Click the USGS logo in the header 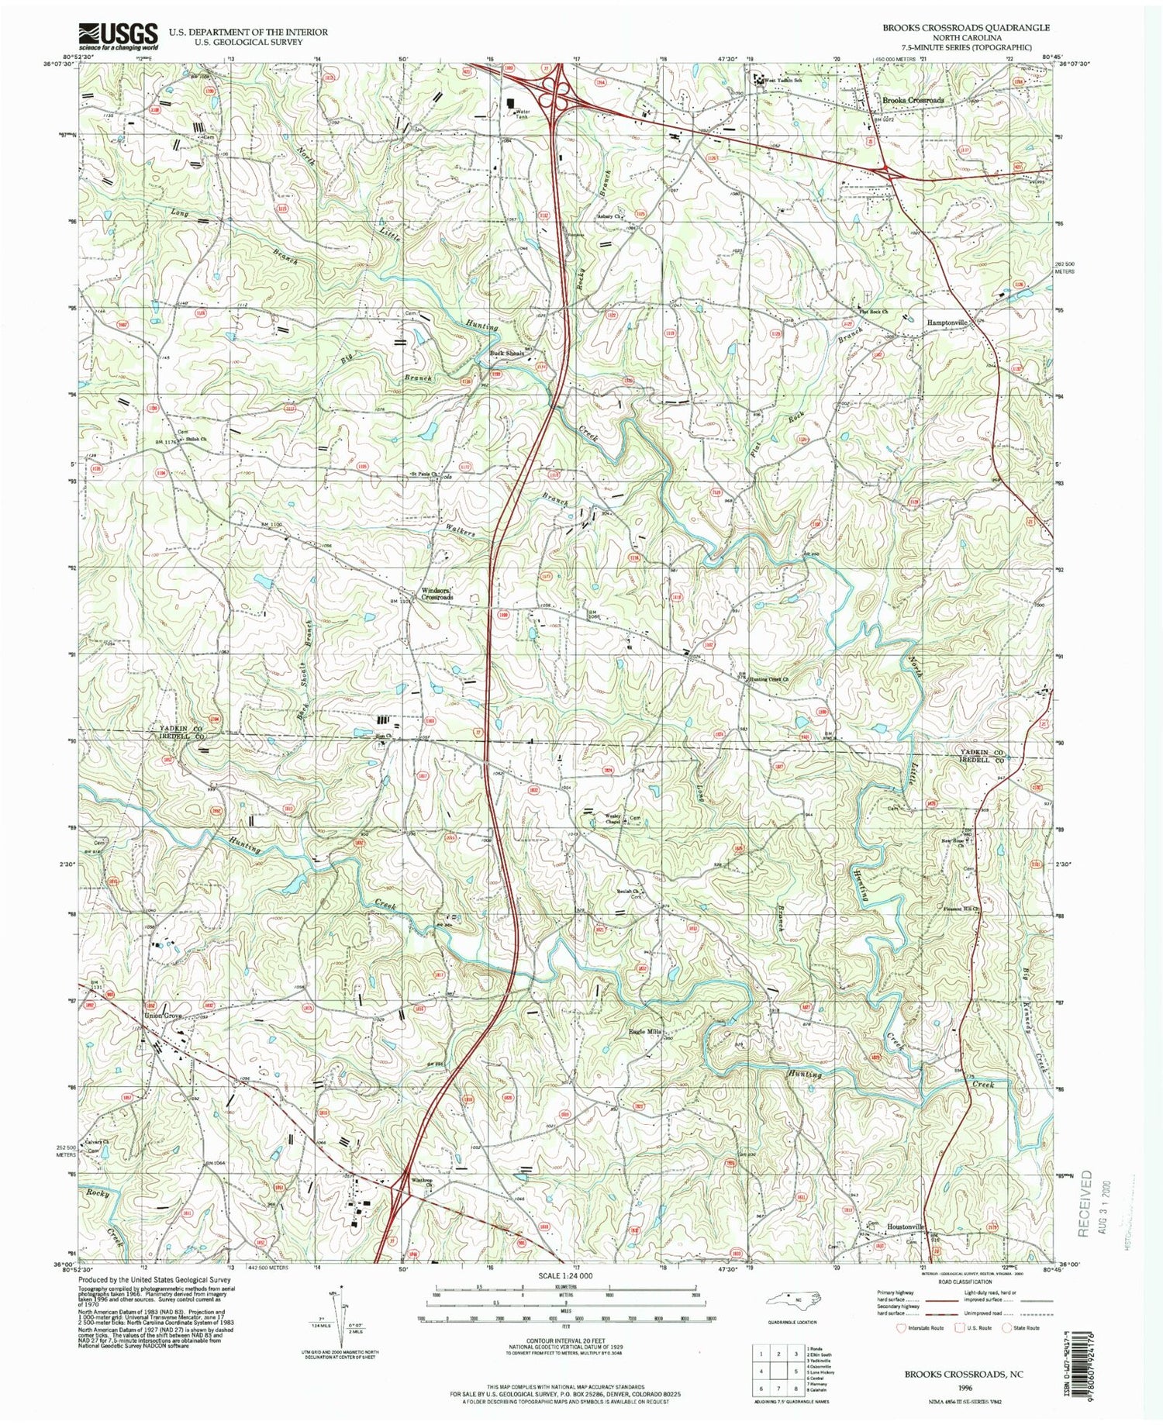[x=117, y=36]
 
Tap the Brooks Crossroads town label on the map [x=913, y=101]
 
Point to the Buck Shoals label [x=506, y=354]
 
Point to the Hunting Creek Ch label [x=768, y=679]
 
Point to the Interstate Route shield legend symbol [x=900, y=1327]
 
